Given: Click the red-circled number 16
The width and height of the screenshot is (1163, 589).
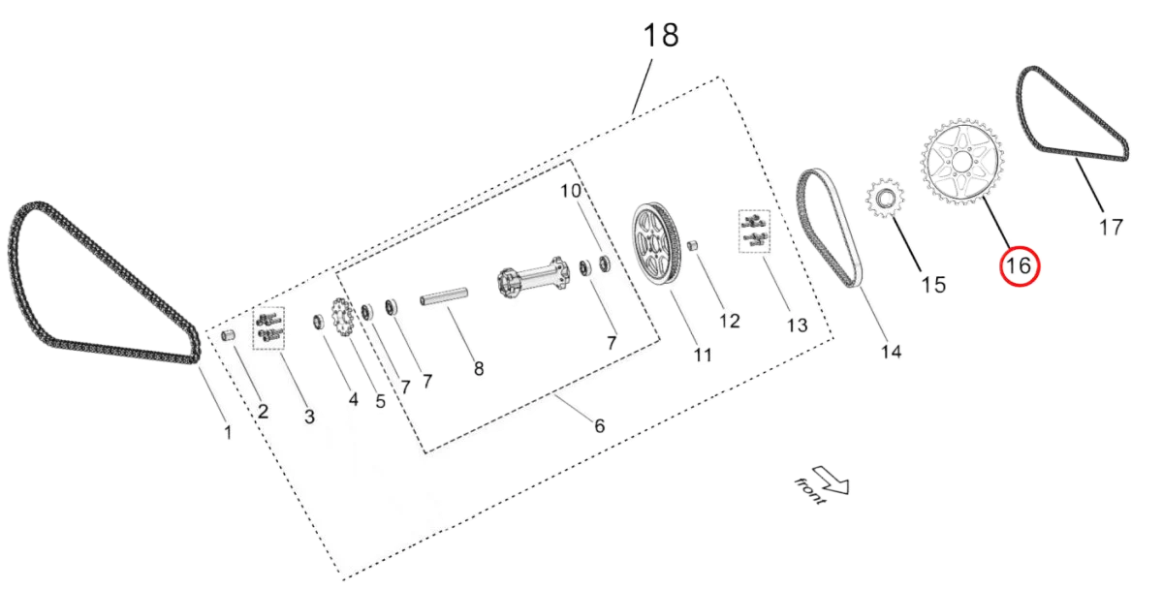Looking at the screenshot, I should (1019, 266).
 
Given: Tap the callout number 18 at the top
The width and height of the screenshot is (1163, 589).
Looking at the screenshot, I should (662, 37).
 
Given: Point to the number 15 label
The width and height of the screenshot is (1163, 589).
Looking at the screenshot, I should (934, 285).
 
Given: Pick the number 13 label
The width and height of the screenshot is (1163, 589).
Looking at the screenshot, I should (797, 325).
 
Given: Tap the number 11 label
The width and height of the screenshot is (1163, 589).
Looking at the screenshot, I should (703, 356).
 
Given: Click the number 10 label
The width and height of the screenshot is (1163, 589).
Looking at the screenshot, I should (570, 191).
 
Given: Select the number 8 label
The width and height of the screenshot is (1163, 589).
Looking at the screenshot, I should (479, 368).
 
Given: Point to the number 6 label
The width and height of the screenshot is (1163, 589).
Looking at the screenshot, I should (600, 425).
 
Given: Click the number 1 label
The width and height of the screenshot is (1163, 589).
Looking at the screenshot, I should (227, 433).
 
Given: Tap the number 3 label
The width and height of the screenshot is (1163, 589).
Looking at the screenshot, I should (309, 418).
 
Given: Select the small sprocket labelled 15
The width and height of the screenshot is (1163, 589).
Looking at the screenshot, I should (884, 199).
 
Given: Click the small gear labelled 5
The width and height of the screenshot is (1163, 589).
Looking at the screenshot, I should (339, 315).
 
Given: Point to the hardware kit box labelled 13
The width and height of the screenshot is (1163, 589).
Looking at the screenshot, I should (751, 231).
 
